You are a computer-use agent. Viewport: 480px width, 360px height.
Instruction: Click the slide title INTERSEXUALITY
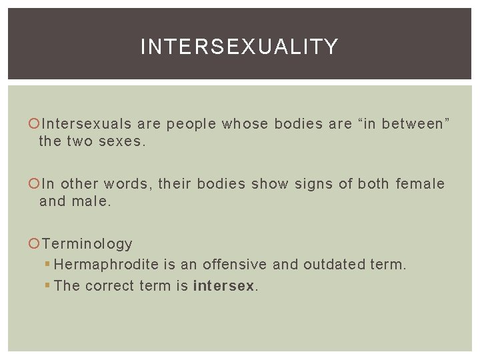click(239, 47)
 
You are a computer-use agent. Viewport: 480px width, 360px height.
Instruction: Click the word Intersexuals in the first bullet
click(87, 124)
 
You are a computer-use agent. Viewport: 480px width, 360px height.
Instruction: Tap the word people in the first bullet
click(191, 124)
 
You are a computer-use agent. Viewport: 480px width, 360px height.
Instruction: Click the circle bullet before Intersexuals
click(35, 124)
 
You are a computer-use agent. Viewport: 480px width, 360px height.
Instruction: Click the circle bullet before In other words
click(35, 184)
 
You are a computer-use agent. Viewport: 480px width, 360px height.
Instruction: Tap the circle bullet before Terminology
click(35, 244)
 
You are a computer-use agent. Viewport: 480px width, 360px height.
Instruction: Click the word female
click(420, 184)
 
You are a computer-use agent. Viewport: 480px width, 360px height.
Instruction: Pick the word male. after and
click(91, 201)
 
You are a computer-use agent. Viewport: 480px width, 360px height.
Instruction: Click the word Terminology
click(87, 244)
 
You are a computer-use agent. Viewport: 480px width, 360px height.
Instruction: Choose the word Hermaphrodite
click(106, 265)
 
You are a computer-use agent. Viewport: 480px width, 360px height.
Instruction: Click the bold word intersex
click(224, 286)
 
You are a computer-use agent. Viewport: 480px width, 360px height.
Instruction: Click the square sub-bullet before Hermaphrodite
click(47, 265)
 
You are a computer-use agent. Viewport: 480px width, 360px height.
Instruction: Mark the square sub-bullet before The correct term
click(47, 286)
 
